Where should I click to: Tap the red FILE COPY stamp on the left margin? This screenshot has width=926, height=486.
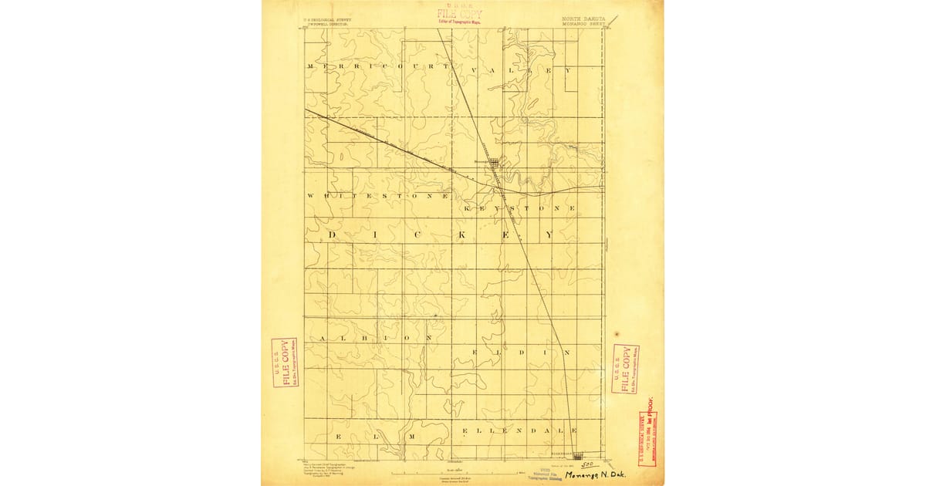click(284, 362)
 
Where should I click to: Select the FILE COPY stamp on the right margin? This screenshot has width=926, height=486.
click(625, 369)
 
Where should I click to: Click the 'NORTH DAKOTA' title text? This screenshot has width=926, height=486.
click(580, 16)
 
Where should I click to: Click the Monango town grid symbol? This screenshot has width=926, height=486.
click(494, 163)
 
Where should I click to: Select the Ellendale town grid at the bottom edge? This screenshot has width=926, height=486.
click(578, 456)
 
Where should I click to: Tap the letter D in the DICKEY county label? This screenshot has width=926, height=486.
click(333, 235)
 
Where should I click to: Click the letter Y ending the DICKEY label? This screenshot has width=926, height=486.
click(550, 235)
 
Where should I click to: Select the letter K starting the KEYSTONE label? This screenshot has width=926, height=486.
click(467, 209)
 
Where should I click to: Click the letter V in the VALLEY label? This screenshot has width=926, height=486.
click(486, 69)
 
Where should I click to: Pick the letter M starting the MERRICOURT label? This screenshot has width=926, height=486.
click(310, 67)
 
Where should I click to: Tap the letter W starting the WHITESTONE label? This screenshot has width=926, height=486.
click(310, 196)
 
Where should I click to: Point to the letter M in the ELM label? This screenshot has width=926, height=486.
click(413, 437)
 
